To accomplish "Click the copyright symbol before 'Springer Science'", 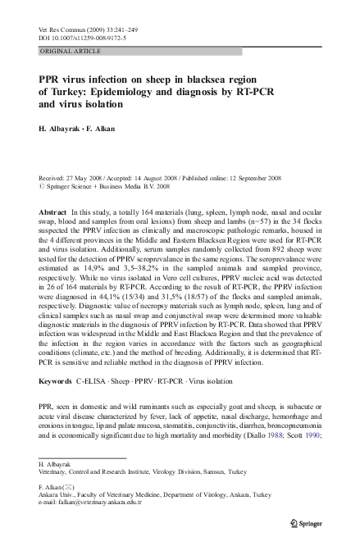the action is [43, 186].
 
